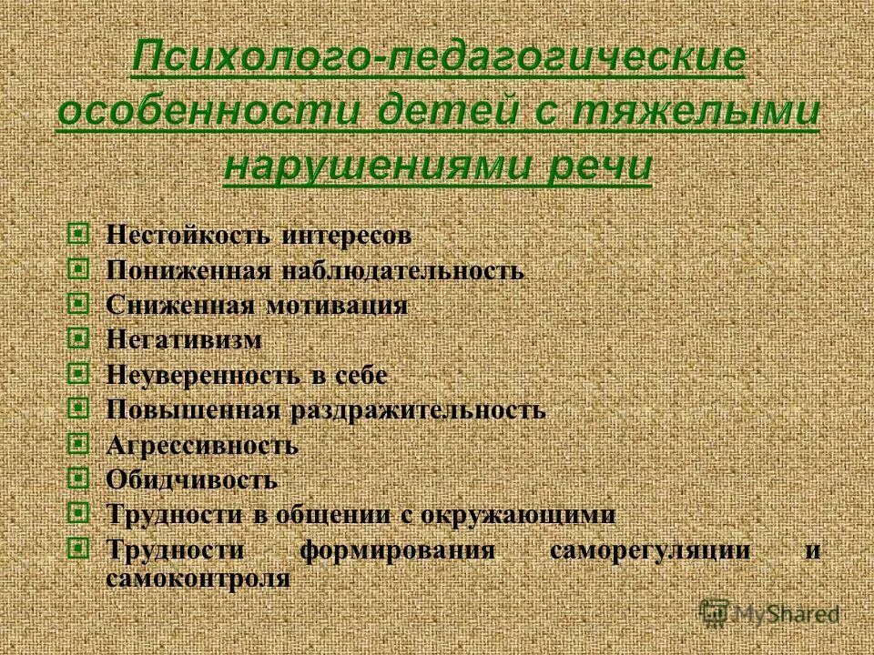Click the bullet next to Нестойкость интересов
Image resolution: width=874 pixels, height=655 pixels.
(79, 234)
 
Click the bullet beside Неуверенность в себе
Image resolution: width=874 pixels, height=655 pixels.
(79, 373)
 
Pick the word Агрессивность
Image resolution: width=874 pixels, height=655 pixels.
(202, 445)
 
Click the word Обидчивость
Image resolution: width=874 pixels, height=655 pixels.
(191, 479)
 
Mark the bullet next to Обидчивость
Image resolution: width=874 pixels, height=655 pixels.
(79, 478)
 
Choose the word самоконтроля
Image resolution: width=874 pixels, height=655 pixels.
(198, 578)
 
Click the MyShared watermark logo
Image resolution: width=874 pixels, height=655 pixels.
(769, 613)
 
